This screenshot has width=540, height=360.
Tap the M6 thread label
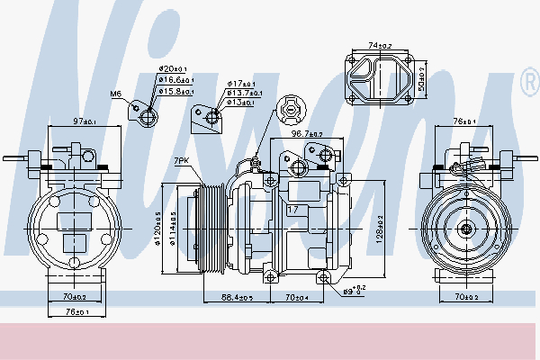coord(115,94)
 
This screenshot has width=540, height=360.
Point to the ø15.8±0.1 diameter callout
coord(175,90)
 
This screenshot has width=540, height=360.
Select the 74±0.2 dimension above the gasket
coord(379,45)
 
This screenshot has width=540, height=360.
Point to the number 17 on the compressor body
coord(292,211)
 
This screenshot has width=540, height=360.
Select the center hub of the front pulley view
coord(467,229)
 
